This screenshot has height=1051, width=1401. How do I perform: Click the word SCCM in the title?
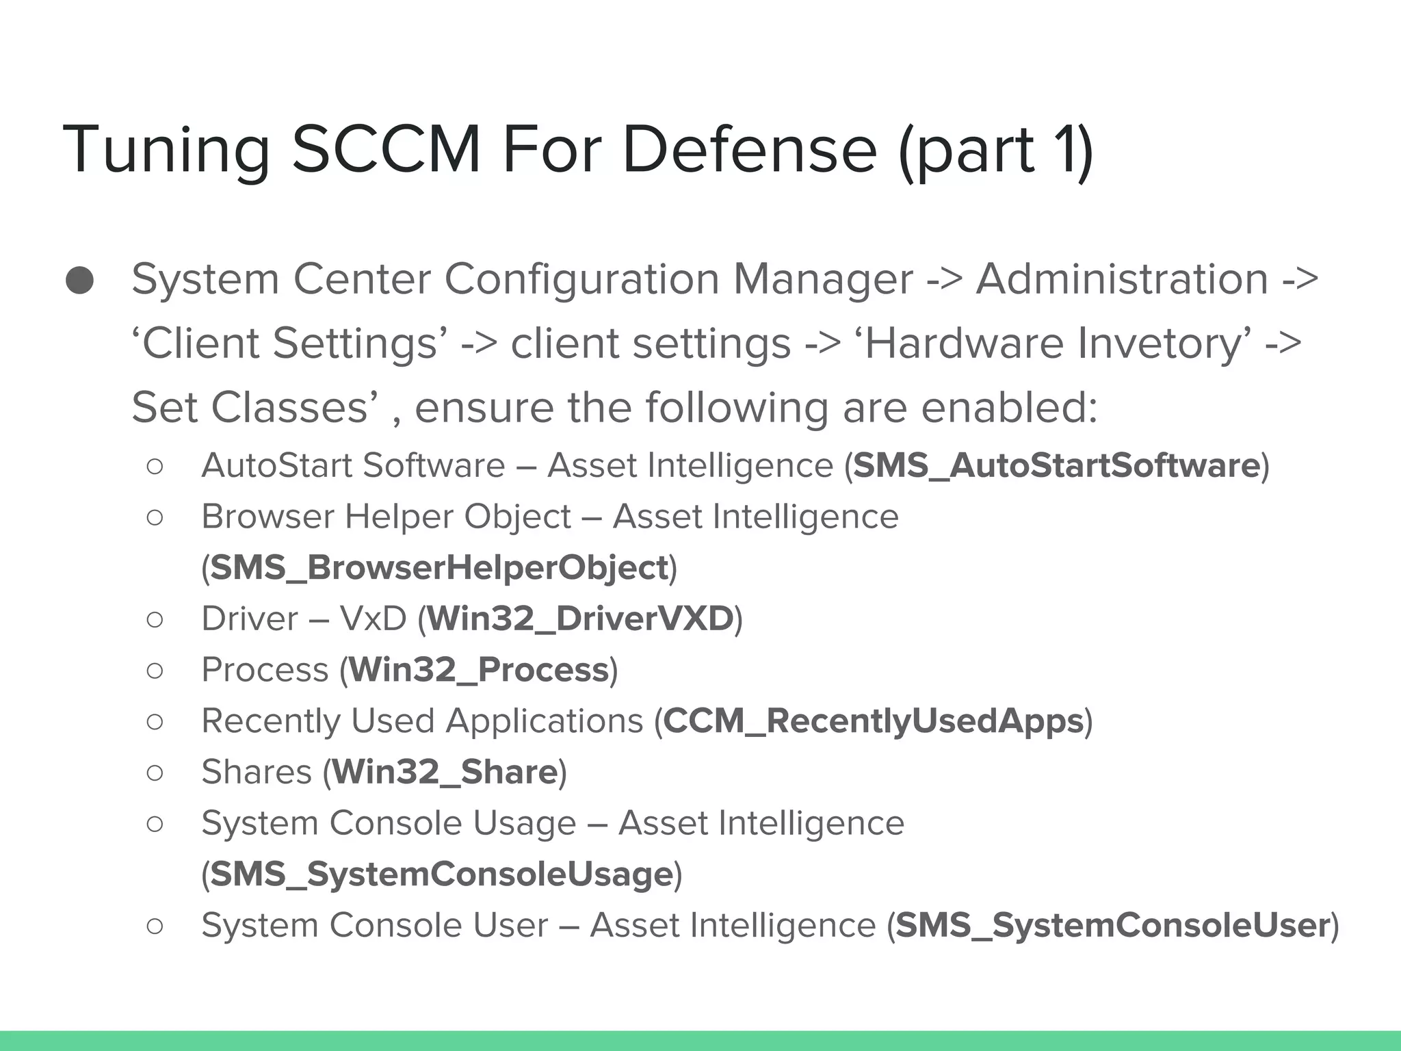tap(387, 149)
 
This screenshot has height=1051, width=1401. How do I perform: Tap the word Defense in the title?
tap(749, 149)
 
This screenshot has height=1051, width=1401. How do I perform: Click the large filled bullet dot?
tap(80, 280)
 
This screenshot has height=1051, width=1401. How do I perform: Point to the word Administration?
tap(1122, 279)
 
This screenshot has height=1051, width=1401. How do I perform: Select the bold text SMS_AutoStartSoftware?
tap(1056, 465)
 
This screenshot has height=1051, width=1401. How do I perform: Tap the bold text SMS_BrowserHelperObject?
tap(438, 567)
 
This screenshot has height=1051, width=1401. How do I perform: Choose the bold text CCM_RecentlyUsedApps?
tap(874, 721)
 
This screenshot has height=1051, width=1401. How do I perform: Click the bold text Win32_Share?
tap(445, 772)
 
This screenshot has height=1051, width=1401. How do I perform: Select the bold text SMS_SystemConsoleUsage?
tap(442, 874)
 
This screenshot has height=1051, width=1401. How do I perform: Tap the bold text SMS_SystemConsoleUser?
tap(1113, 925)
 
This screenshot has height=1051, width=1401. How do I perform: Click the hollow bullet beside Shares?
tap(155, 773)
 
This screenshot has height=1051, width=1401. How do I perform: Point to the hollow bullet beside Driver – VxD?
tap(155, 619)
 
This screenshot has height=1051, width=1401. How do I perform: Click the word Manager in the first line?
tap(823, 279)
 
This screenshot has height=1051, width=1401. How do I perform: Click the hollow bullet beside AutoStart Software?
tap(155, 466)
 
